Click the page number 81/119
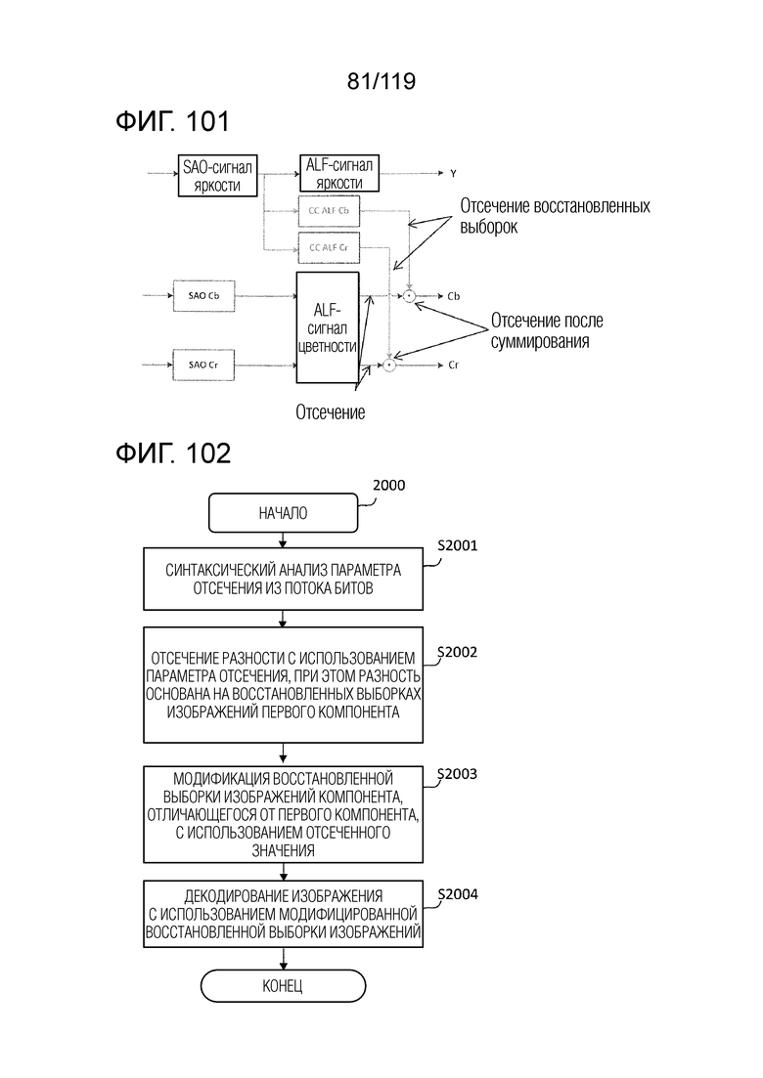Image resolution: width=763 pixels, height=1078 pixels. (381, 81)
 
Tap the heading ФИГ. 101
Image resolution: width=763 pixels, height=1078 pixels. (172, 121)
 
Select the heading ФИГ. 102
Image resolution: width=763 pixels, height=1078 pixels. (173, 453)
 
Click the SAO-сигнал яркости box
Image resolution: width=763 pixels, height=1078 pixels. (217, 175)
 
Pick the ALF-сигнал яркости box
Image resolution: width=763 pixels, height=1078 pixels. (339, 173)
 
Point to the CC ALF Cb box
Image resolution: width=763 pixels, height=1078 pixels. (328, 211)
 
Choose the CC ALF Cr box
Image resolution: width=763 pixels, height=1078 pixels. (328, 247)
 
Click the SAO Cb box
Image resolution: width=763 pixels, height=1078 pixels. (203, 295)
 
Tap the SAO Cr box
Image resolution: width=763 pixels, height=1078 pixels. (203, 365)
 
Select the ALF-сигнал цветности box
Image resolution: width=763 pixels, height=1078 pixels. (328, 327)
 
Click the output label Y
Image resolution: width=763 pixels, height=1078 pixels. (453, 173)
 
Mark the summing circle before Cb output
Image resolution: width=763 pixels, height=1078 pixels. (409, 296)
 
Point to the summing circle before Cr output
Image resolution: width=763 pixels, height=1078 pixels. (389, 366)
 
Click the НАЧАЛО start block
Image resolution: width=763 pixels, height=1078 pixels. (283, 513)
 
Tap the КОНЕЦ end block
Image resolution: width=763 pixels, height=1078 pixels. (283, 986)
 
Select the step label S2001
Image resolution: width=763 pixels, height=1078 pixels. (458, 545)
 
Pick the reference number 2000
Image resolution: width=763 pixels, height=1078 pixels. (388, 485)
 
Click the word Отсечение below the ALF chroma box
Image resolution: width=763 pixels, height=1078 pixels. (331, 412)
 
